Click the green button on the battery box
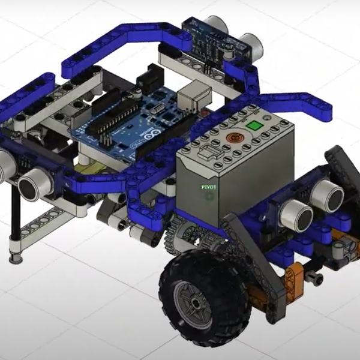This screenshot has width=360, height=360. [x=255, y=126]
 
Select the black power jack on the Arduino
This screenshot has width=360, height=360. [x=151, y=82]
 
